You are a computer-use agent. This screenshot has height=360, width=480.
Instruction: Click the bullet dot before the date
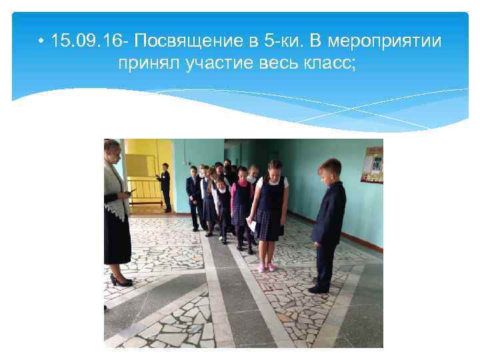(41, 42)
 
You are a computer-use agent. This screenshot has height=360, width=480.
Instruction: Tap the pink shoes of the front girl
(265, 267)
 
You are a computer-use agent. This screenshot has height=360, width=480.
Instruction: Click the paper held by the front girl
(252, 225)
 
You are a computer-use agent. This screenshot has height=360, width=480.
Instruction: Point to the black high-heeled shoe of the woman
(121, 281)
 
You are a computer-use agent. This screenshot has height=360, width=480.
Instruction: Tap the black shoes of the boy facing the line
(319, 288)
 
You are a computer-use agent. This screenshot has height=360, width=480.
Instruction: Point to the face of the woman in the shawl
(115, 151)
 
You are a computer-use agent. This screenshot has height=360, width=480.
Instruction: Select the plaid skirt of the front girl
(269, 225)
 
